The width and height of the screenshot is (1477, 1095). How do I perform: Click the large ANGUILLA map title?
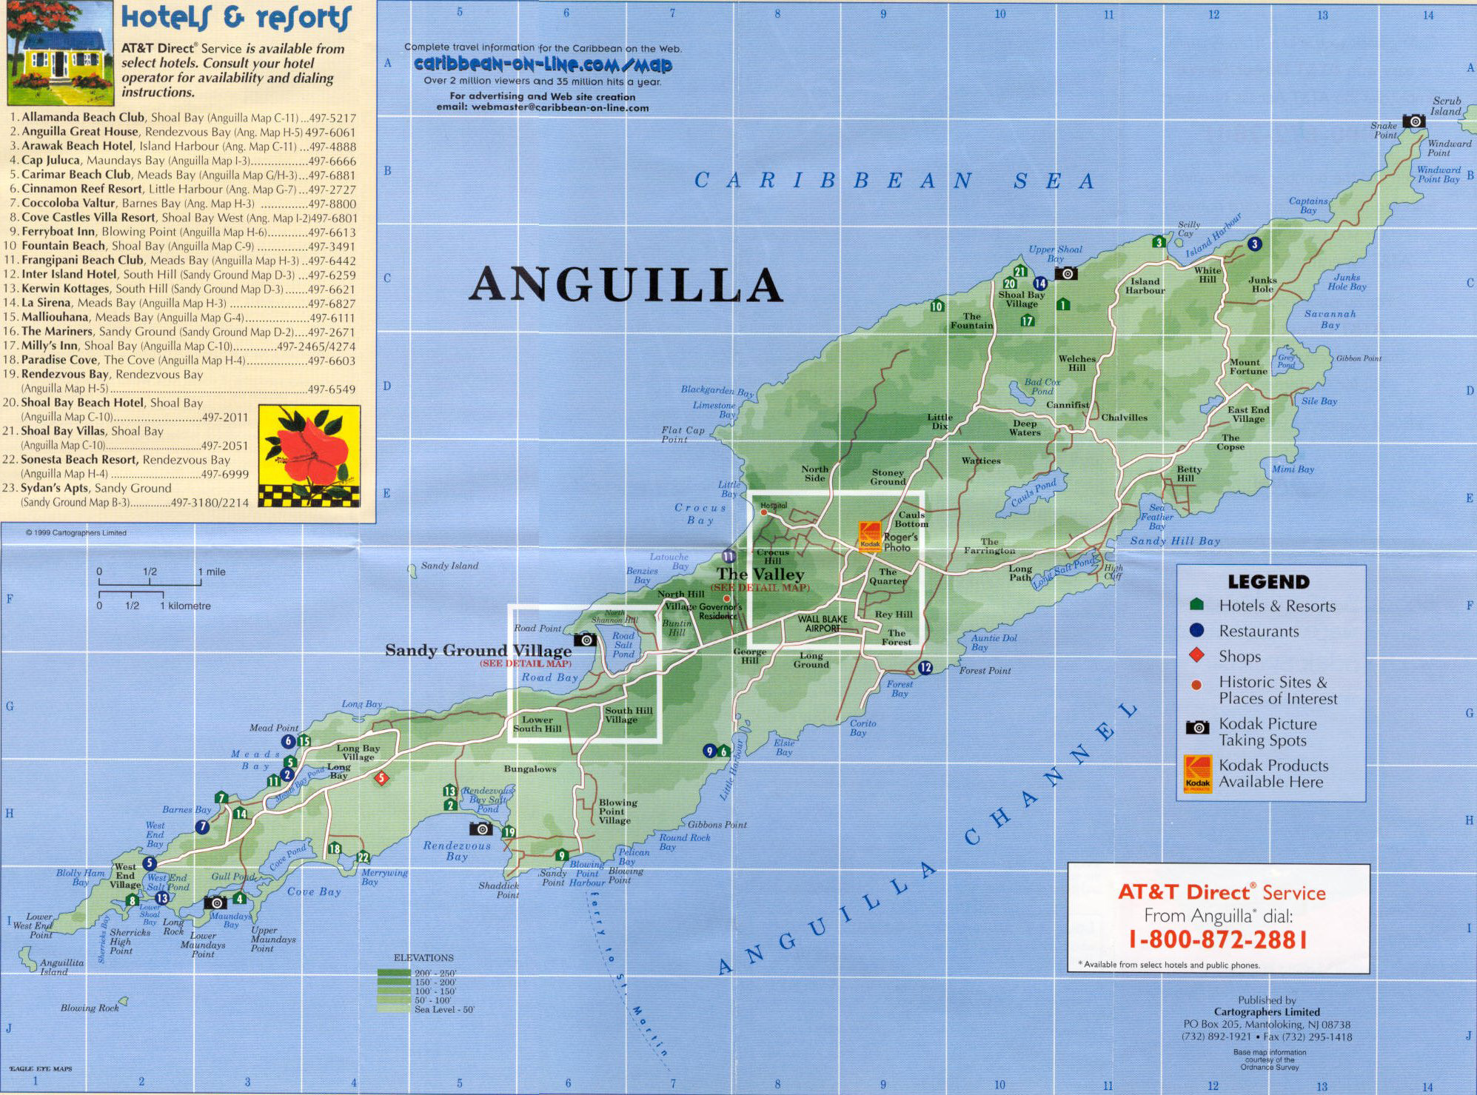pos(626,285)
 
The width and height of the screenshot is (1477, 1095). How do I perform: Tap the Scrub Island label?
pos(1446,106)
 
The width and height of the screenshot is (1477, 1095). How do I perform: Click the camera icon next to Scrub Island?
pos(1413,121)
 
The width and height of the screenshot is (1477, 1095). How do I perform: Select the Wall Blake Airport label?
pos(823,623)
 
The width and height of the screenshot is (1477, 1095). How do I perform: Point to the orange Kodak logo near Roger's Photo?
pos(869,535)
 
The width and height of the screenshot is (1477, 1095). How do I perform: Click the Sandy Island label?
pos(449,566)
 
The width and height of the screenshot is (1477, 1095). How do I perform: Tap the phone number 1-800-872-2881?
pos(1218,940)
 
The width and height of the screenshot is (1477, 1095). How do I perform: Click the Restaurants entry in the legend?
pos(1259,632)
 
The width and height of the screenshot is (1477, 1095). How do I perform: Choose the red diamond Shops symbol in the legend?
pos(1196,655)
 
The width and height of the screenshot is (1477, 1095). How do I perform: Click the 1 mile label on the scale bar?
pos(212,572)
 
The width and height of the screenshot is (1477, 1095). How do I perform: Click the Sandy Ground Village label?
pos(478,651)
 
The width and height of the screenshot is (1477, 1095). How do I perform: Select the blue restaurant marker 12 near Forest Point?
pos(925,668)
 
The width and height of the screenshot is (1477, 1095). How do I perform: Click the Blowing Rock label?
pos(90,1008)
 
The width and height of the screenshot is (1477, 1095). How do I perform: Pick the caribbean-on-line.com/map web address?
pos(543,64)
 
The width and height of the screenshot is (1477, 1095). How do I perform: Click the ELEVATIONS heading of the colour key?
pos(423,957)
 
